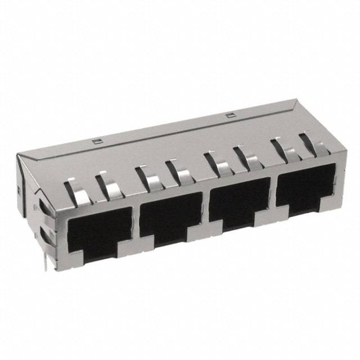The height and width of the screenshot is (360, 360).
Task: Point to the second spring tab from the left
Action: (110, 186)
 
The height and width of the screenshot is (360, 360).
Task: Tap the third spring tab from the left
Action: (149, 177)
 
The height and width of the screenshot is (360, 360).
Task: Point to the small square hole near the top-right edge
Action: (228, 116)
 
